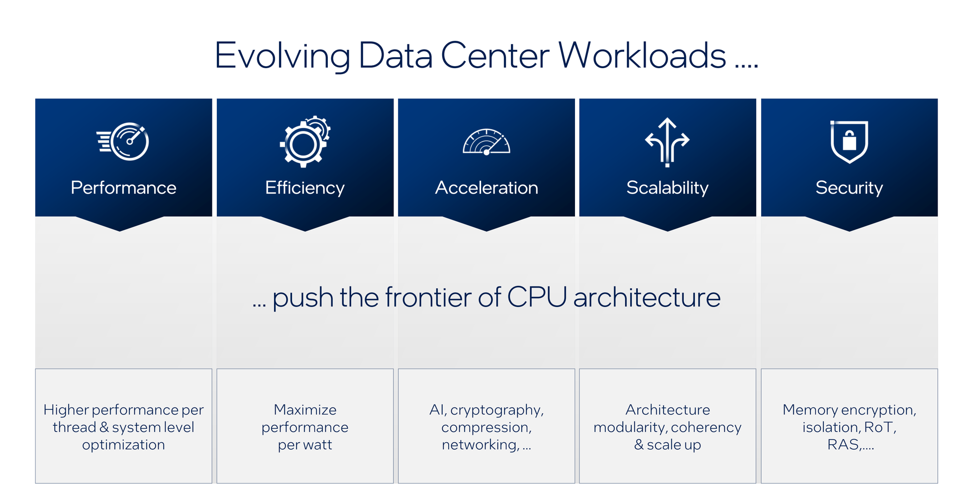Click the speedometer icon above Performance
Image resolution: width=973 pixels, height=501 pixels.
(123, 142)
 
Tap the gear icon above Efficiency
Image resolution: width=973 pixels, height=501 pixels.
(305, 141)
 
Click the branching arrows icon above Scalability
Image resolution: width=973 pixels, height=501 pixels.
(667, 142)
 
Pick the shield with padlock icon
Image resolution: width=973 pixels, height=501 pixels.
(849, 142)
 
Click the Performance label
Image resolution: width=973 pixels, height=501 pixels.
(123, 188)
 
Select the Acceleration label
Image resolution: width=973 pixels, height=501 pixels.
(486, 188)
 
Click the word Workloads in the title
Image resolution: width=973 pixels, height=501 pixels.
(642, 55)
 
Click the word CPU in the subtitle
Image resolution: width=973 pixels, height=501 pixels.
(537, 298)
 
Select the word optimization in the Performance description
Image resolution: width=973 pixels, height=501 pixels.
(123, 445)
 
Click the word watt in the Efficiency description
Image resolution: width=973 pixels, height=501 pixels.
(316, 445)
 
